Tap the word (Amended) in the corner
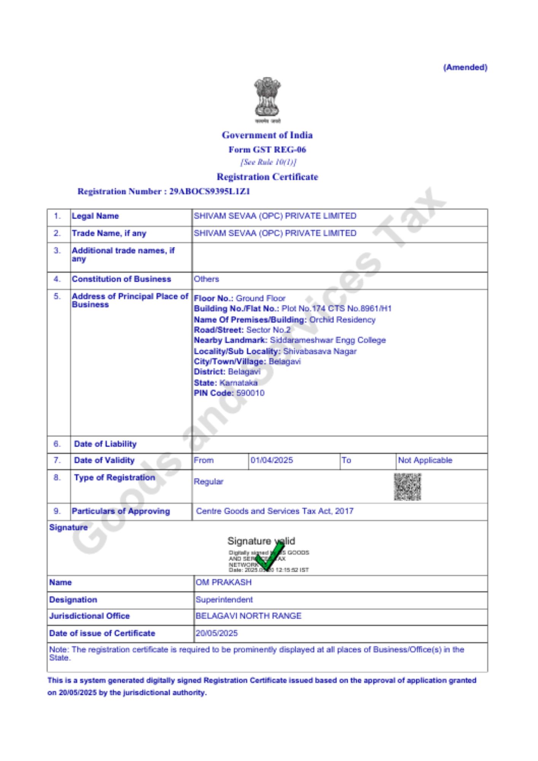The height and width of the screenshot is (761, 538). (465, 67)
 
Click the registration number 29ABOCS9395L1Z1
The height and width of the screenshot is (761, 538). (209, 191)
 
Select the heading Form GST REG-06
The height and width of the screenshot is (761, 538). (267, 150)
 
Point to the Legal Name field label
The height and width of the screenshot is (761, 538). (95, 216)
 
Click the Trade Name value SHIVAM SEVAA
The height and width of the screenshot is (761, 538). (275, 233)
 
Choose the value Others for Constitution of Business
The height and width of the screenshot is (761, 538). (206, 279)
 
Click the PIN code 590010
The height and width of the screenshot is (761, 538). (250, 393)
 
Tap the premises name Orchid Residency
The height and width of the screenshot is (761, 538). (342, 320)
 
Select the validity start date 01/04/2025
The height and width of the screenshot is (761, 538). (272, 460)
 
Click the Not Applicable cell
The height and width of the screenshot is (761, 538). (425, 460)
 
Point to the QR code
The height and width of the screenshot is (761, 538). (407, 487)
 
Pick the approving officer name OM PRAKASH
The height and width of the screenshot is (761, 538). (223, 583)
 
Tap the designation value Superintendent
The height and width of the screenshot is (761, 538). (224, 600)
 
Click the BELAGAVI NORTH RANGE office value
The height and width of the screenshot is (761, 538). (248, 616)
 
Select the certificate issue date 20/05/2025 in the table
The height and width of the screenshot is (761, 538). (216, 633)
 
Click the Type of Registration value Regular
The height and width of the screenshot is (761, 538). (208, 482)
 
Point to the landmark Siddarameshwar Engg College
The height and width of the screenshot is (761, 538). (328, 340)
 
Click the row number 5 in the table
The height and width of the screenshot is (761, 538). (57, 296)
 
